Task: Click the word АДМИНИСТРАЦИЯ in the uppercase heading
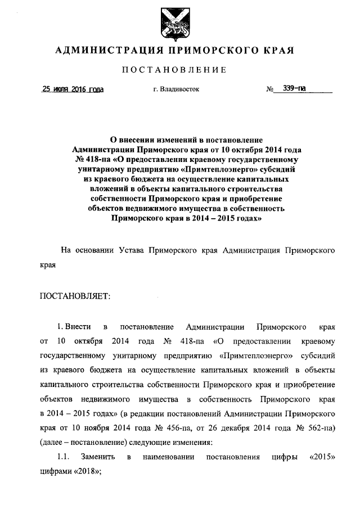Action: [x=105, y=51]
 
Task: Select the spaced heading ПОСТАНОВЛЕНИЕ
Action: [x=179, y=70]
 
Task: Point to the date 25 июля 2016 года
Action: [x=73, y=89]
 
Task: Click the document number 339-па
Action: [x=294, y=88]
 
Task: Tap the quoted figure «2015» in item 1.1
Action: [x=323, y=457]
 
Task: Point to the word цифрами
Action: [x=54, y=472]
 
